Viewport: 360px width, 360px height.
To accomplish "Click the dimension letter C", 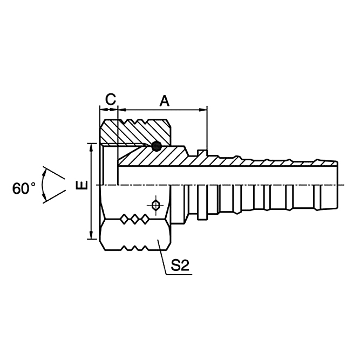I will (x=110, y=99).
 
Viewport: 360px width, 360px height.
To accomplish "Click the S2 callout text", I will (x=181, y=265).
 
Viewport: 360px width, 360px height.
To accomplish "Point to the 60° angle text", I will (x=24, y=188).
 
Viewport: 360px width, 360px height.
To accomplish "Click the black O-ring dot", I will (x=157, y=146).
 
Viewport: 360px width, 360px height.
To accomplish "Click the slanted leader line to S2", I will (x=163, y=259).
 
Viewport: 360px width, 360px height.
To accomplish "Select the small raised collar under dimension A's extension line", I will (x=202, y=153).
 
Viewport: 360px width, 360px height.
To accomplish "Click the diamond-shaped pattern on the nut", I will (x=135, y=219).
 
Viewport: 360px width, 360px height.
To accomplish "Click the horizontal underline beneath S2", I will (x=180, y=274).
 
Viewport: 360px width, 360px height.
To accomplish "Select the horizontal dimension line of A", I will (x=162, y=110).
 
